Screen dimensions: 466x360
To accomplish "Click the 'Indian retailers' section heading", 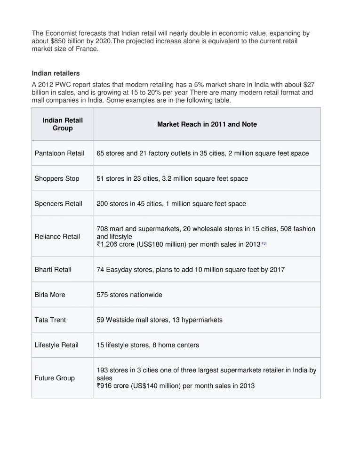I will pos(56,73).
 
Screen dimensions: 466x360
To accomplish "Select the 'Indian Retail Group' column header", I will pos(63,124).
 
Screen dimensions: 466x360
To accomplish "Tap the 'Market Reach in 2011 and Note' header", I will pos(207,124).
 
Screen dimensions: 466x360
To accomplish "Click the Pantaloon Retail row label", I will pos(59,153).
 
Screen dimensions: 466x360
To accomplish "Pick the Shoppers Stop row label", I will pos(57,178).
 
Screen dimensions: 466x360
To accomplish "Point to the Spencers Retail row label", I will pos(58,204).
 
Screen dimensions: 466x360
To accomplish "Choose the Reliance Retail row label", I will pos(57,236).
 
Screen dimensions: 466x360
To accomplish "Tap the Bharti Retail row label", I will pos(53,270).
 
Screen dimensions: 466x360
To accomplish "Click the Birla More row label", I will pos(50,295).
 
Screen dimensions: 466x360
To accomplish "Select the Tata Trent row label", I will pos(50,320).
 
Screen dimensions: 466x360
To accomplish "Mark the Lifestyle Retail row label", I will pos(56,345).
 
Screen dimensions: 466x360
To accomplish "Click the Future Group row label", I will pos(55,378).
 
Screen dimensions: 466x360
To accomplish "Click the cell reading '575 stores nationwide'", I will pos(129,295).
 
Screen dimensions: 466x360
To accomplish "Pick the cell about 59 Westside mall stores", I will pos(160,320).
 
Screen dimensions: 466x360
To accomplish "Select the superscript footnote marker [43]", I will pos(264,243).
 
